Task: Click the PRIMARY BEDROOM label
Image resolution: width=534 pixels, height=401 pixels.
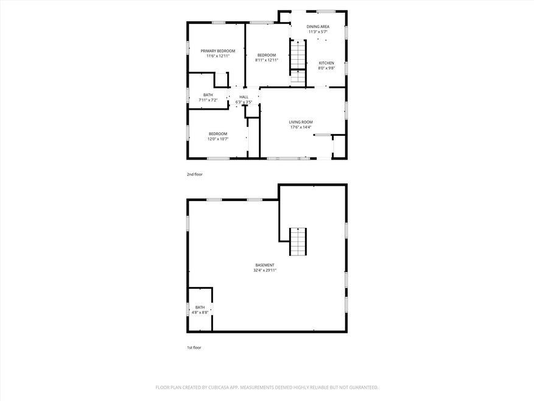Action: [217, 51]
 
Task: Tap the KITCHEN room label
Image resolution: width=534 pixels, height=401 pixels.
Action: [326, 63]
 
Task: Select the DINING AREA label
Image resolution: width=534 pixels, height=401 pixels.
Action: [318, 27]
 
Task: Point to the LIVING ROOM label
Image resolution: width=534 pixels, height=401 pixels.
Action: [301, 122]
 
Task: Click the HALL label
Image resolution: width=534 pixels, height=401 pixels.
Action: [244, 97]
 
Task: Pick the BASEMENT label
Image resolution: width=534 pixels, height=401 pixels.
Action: [265, 265]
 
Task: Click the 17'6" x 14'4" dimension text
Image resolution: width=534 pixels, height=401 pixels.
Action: [301, 127]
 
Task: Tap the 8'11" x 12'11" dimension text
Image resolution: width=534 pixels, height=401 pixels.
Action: [267, 60]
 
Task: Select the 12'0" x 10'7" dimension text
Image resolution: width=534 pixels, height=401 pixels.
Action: [218, 139]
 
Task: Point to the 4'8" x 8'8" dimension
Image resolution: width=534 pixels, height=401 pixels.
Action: [200, 313]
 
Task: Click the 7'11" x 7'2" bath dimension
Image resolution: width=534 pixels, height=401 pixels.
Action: [208, 100]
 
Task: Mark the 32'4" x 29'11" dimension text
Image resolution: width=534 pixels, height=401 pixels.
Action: [265, 270]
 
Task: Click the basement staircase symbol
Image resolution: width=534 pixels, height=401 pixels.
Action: [298, 242]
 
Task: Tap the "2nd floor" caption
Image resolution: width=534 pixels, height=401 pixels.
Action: [194, 174]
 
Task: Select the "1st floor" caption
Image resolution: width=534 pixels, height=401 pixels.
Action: [194, 347]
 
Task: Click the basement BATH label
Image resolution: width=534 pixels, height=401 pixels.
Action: [200, 307]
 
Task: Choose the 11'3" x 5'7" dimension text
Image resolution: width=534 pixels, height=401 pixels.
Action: [318, 32]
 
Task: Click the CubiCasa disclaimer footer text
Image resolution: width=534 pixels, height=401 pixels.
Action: [267, 388]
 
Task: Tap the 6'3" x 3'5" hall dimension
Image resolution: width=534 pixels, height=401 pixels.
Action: [244, 102]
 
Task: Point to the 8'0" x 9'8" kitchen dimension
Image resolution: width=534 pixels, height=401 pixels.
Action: [326, 68]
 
